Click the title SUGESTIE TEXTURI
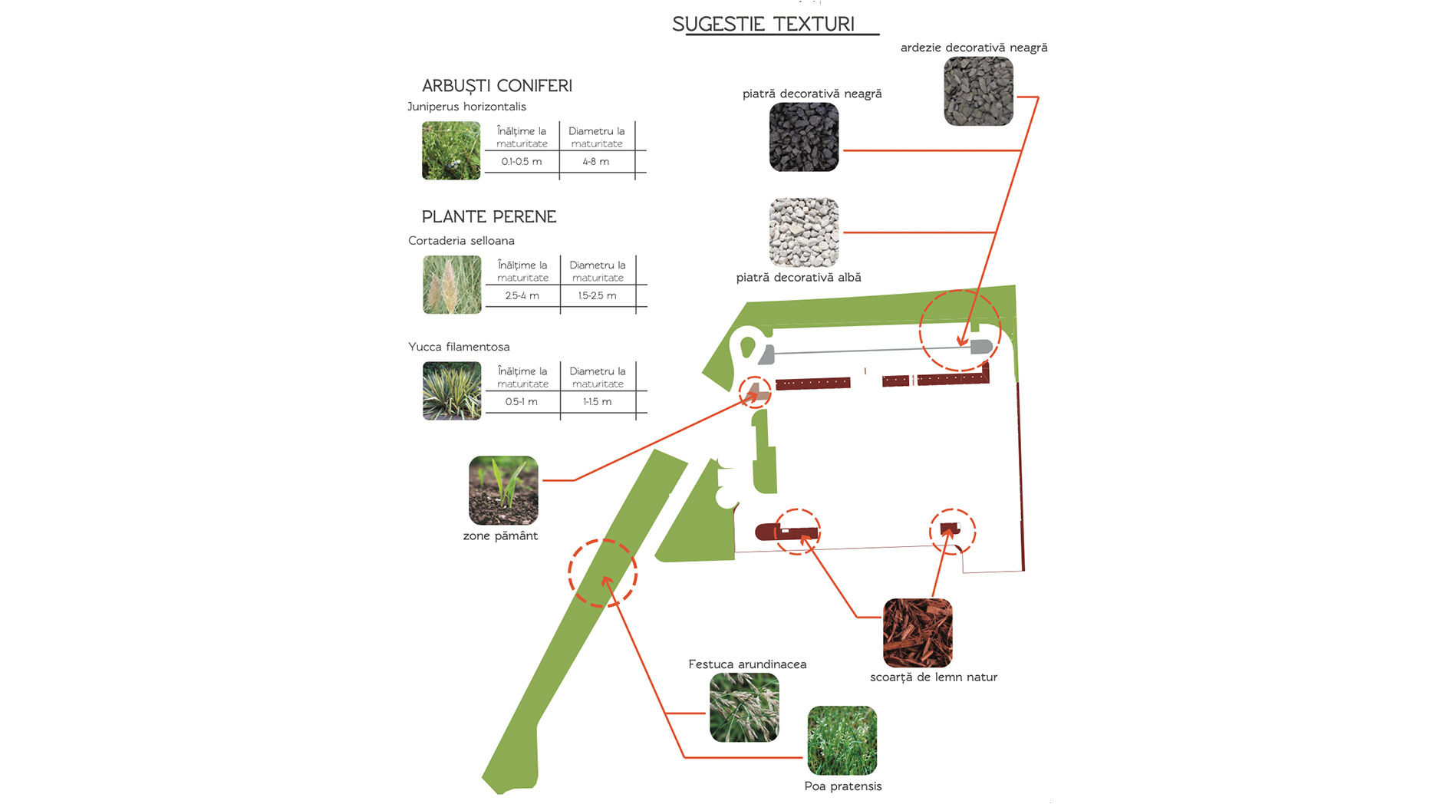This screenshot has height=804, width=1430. [763, 24]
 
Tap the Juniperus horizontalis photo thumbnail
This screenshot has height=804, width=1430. [451, 150]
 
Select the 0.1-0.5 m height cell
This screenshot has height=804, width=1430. [522, 162]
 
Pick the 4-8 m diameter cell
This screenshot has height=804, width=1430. [596, 162]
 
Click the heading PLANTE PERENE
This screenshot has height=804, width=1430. [489, 216]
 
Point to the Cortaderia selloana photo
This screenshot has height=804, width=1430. [452, 285]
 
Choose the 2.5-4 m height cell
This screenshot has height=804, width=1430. [522, 295]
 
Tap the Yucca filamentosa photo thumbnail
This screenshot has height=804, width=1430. [452, 390]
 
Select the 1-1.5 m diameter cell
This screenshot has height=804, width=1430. [597, 402]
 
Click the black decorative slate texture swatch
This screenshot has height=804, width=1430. [978, 91]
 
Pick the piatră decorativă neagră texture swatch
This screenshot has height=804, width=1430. [804, 137]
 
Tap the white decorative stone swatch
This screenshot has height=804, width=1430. [804, 232]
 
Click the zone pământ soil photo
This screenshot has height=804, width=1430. [503, 490]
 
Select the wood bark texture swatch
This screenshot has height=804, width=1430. [918, 633]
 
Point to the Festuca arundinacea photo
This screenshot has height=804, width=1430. [744, 707]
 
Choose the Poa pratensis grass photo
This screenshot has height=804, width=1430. [842, 740]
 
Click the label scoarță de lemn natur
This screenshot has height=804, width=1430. [933, 677]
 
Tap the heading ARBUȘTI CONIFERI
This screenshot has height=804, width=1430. [497, 86]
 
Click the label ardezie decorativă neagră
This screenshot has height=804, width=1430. [974, 48]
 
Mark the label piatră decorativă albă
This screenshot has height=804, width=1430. [798, 278]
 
